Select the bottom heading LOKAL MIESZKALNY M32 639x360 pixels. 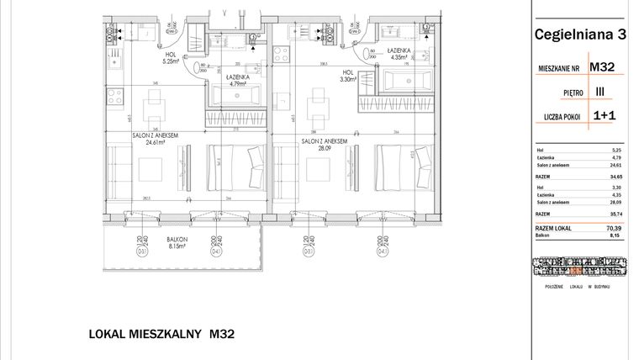click(x=161, y=333)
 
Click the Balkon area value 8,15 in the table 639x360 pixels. click(x=602, y=236)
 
